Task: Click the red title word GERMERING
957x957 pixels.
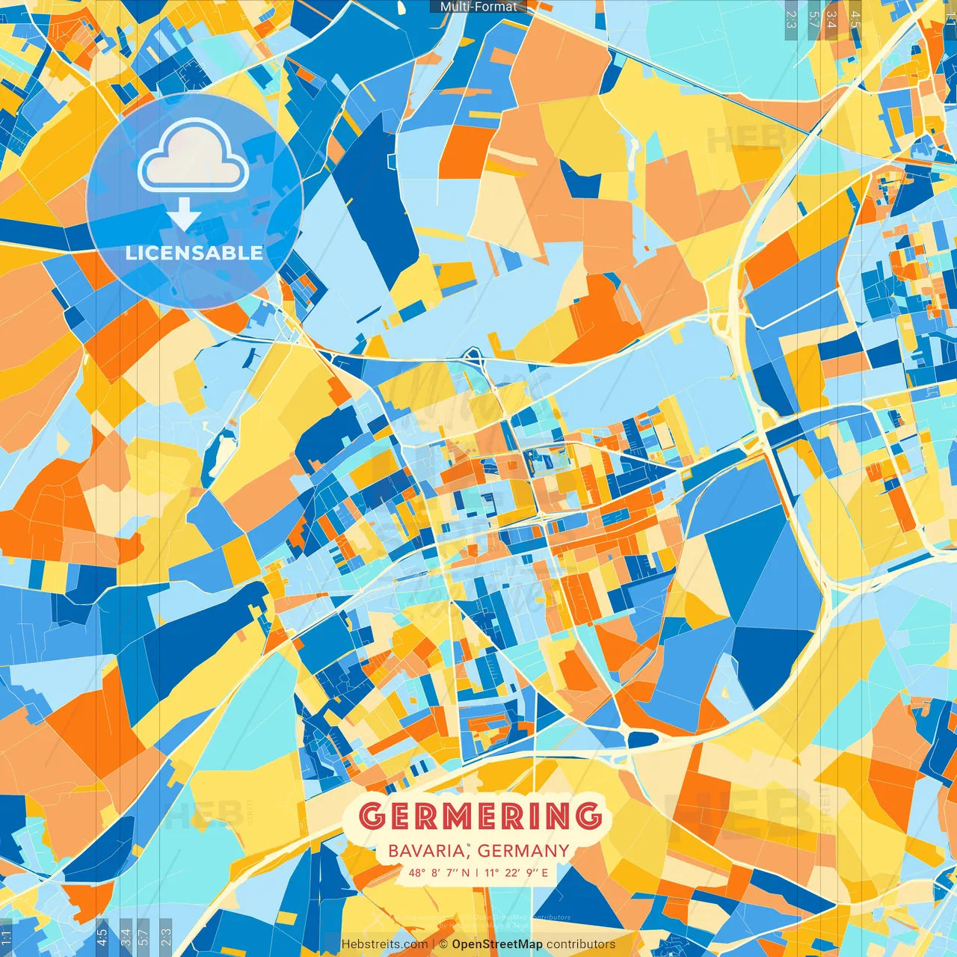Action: [x=480, y=816]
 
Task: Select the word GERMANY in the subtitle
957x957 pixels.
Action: [x=523, y=851]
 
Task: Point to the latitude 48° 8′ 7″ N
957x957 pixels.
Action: [x=440, y=873]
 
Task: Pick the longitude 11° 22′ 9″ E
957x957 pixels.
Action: [x=517, y=873]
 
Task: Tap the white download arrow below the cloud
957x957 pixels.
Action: [x=184, y=215]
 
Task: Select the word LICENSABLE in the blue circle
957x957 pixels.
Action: [x=194, y=253]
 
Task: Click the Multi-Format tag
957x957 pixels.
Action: [x=478, y=7]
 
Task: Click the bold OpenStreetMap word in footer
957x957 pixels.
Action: [x=497, y=944]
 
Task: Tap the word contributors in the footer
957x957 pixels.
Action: [x=581, y=944]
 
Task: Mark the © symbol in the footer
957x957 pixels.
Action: [x=443, y=944]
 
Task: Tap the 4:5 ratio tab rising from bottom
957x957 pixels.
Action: [x=102, y=937]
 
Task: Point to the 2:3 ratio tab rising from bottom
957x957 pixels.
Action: [x=165, y=937]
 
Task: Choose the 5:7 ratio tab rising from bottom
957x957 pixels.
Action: [x=144, y=937]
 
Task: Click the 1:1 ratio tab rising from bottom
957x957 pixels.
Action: [x=6, y=937]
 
